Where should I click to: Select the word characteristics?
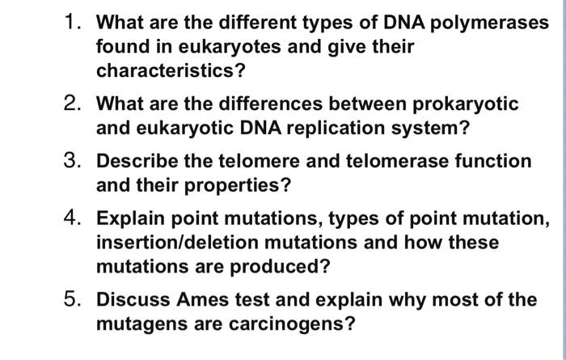click(170, 71)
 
